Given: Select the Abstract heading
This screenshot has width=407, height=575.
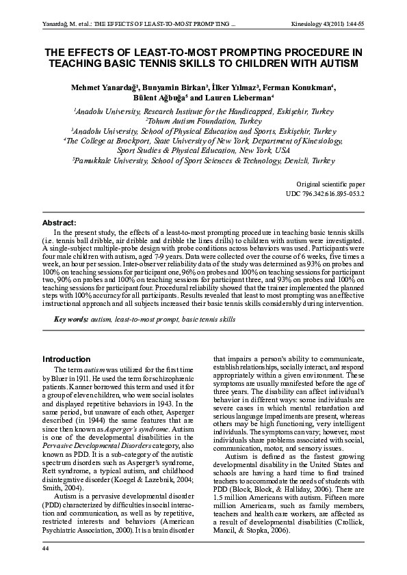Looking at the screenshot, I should pyautogui.click(x=60, y=223).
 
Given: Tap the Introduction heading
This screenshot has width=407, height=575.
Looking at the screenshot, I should pyautogui.click(x=66, y=359).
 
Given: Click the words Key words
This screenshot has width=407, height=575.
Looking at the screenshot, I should pyautogui.click(x=70, y=319).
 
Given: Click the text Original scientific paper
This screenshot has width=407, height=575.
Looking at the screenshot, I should pyautogui.click(x=330, y=184).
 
